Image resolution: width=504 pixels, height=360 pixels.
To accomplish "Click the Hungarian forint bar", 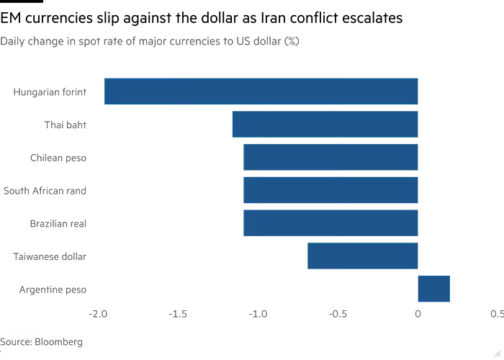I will point(261,91).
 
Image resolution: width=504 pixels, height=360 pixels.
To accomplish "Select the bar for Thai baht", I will point(325,125).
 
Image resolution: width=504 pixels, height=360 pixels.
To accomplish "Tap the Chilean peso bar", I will point(330,158).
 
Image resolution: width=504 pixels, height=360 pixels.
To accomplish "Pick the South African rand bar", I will point(330,191).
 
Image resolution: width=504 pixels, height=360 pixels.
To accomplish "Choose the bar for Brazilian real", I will point(330,223).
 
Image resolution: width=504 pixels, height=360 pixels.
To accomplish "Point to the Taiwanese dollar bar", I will point(363,256).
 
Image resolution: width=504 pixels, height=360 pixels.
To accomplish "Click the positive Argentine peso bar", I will point(433,289).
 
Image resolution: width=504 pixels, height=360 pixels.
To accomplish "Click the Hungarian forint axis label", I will point(50,92).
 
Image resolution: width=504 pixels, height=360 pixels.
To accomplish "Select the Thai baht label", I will point(65,125).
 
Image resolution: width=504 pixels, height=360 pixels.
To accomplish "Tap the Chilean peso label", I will point(58,158).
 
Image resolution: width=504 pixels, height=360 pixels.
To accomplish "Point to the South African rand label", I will point(45,191).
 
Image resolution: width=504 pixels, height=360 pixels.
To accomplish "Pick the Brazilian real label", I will point(58,224).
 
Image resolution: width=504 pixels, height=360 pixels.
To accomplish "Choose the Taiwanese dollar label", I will point(50,256).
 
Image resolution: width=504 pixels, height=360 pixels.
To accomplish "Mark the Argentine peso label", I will point(53,289).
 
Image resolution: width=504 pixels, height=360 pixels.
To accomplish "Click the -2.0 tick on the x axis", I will point(97,314).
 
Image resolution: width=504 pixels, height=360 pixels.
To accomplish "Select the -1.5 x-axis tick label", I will point(177,314).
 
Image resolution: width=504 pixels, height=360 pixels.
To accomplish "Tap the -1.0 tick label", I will point(257,314).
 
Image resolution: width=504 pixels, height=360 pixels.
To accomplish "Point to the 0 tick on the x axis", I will point(418,314).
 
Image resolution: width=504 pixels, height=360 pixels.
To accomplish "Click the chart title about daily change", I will point(150,42).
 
